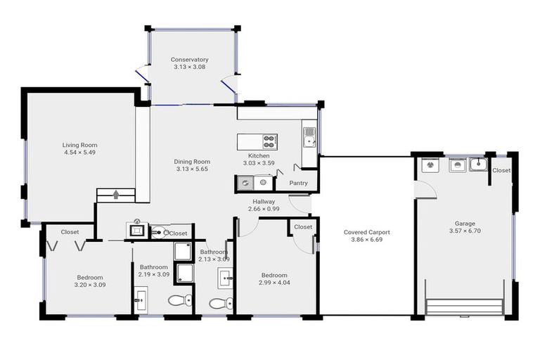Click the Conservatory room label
pyautogui.click(x=189, y=60)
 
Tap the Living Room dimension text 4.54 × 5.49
pyautogui.click(x=79, y=152)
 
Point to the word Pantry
pyautogui.click(x=298, y=183)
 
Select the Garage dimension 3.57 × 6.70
pyautogui.click(x=465, y=231)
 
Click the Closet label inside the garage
pyautogui.click(x=501, y=170)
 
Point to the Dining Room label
pyautogui.click(x=192, y=162)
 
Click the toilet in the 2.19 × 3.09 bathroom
pyautogui.click(x=179, y=301)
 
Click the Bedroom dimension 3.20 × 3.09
pyautogui.click(x=89, y=285)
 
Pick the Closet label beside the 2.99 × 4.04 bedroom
pyautogui.click(x=303, y=227)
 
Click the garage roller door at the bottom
pyautogui.click(x=464, y=307)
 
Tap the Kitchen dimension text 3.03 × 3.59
pyautogui.click(x=259, y=163)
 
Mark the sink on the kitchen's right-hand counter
pyautogui.click(x=309, y=138)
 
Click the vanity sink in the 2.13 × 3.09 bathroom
pyautogui.click(x=225, y=278)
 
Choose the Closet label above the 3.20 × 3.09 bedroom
pyautogui.click(x=70, y=231)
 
